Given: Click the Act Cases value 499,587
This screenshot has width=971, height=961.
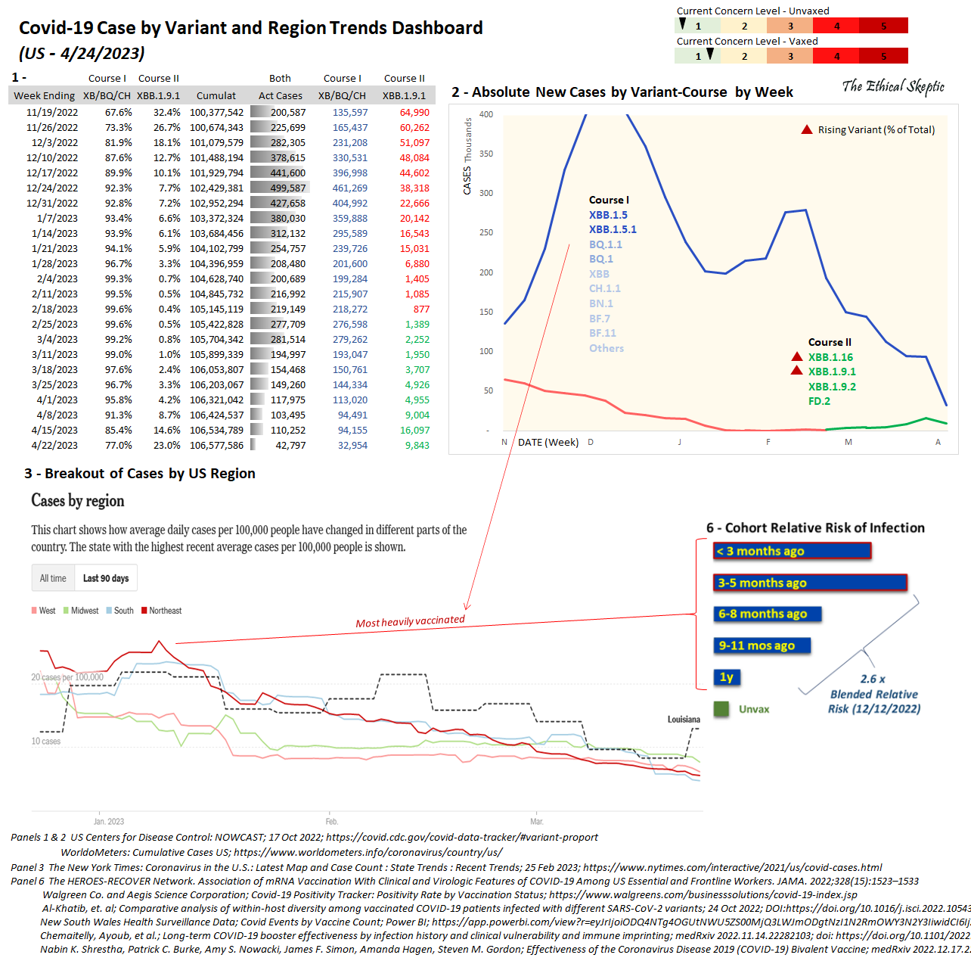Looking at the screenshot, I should [x=288, y=188].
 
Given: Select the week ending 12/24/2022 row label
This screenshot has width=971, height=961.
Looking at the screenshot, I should [x=52, y=188].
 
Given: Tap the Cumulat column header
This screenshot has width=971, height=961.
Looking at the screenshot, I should [x=216, y=96].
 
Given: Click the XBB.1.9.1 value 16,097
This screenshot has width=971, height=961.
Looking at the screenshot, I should [x=414, y=431].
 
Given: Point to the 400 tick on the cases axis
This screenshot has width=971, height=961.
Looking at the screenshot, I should [x=486, y=115].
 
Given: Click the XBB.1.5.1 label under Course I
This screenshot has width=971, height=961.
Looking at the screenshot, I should [x=613, y=229].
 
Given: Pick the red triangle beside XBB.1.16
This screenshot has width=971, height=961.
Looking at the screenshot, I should [x=796, y=356].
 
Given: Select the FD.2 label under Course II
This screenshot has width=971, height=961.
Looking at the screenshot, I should [x=819, y=401].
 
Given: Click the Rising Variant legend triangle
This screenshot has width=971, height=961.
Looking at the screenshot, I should [x=807, y=130].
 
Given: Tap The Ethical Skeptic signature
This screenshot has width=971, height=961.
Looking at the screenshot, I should [x=893, y=87].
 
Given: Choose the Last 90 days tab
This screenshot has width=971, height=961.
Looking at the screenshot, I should [x=106, y=578].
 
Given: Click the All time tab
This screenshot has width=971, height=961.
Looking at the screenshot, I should [x=53, y=578].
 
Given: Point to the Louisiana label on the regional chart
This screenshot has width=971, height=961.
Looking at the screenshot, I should [x=684, y=720].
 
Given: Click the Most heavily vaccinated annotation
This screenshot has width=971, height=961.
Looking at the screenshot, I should [x=410, y=621].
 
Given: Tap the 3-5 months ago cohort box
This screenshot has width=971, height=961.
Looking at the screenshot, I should [x=810, y=583].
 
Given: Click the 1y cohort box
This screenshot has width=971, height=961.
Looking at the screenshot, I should [x=726, y=677].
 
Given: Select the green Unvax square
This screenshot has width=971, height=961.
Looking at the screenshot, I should [x=721, y=709].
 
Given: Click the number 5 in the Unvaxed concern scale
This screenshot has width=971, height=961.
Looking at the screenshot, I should [x=883, y=26].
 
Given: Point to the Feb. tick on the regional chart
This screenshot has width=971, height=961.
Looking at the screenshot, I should [x=331, y=821].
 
